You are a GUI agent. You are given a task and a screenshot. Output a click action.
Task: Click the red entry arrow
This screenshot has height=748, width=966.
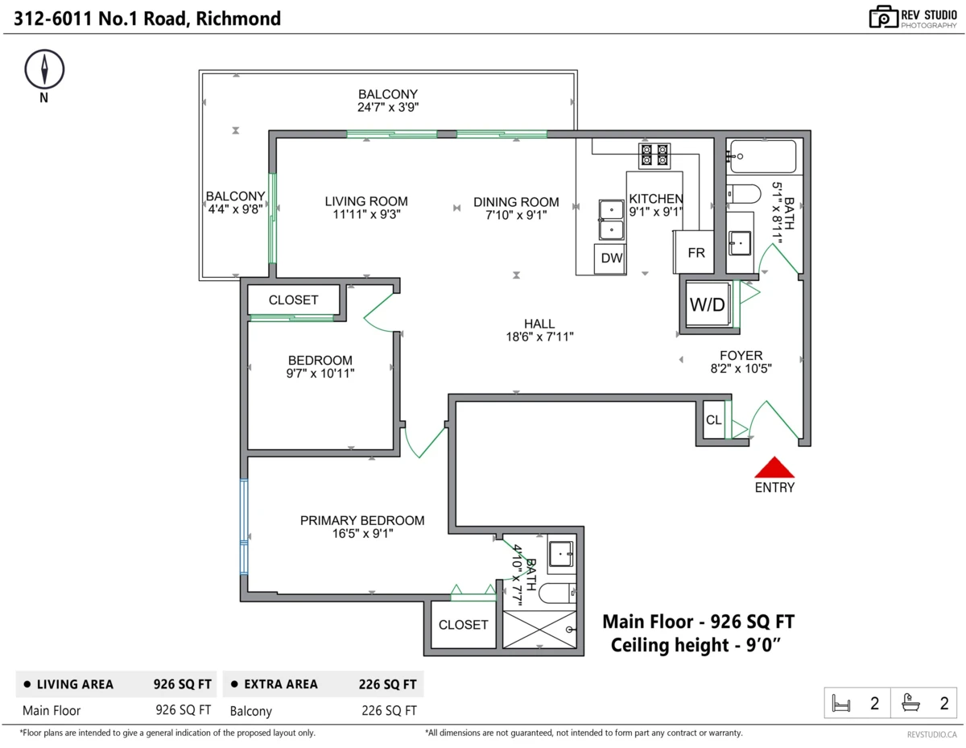[774, 467]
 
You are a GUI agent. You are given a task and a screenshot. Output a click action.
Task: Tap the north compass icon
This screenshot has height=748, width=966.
[44, 69]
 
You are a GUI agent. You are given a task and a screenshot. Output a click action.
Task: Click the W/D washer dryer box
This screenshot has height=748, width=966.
[707, 304]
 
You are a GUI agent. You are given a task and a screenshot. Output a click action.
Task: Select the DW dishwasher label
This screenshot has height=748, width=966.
[612, 258]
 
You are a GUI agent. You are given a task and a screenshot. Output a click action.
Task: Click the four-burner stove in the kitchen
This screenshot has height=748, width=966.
[654, 155]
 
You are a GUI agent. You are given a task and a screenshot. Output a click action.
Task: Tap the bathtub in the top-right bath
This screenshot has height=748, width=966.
[763, 156]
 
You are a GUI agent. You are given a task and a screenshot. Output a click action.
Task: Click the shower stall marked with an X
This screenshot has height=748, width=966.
[539, 630]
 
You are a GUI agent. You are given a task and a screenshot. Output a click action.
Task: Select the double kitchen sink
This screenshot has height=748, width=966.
[611, 220]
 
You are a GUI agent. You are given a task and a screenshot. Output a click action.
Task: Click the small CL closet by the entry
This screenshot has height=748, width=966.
[713, 420]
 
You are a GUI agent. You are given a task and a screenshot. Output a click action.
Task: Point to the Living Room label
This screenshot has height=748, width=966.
[366, 201]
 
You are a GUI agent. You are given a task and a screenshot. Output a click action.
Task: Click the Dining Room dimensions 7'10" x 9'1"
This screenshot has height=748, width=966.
[516, 215]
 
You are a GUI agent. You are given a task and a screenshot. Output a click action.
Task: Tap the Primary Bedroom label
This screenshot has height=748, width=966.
[362, 520]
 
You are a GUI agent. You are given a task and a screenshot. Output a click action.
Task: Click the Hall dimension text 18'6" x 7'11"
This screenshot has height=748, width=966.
[539, 337]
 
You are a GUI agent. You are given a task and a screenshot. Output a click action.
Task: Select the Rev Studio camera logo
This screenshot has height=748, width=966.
[883, 17]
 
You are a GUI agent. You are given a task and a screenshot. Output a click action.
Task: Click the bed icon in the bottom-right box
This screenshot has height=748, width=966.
[840, 704]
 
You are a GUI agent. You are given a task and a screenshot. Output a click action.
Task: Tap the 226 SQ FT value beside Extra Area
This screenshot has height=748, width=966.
[388, 684]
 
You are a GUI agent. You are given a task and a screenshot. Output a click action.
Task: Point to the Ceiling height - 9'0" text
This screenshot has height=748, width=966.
[696, 645]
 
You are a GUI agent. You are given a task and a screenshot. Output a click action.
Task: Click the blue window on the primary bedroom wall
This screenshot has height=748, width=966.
[244, 527]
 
